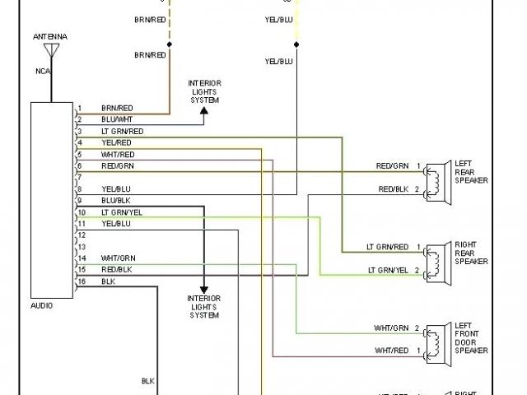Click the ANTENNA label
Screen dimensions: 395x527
tap(50, 38)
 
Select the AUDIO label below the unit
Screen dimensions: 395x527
tap(41, 305)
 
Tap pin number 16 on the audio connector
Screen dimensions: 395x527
tap(81, 281)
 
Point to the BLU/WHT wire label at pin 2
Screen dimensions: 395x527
tap(117, 119)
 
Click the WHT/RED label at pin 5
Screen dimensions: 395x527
tap(118, 154)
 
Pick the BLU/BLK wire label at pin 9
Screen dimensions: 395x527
tap(116, 201)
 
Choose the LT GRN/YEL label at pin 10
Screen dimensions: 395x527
tap(122, 212)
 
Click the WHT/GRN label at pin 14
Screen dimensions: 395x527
tap(118, 258)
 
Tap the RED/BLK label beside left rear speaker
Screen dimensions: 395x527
tap(393, 189)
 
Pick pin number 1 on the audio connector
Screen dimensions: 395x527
tap(79, 108)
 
